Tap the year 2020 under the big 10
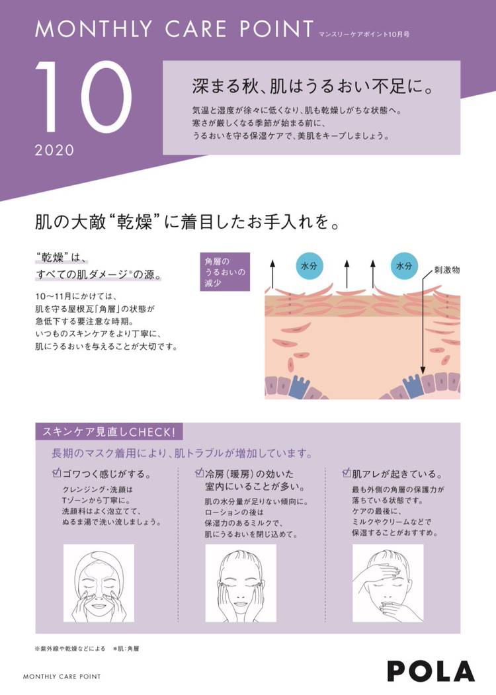point(54,151)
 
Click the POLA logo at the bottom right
point(431,671)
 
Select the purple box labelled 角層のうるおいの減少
point(225,272)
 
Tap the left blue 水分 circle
point(309,266)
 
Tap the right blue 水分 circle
point(404,266)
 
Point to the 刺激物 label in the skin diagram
point(446,270)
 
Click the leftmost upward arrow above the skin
point(272,274)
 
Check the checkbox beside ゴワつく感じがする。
point(56,473)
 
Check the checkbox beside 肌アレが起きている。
point(347,473)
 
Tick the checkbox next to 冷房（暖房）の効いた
point(199,473)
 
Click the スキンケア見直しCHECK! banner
point(108,432)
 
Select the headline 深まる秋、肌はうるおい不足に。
point(313,87)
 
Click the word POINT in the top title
point(277,28)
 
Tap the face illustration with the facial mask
point(99,583)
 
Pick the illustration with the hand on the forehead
point(388,583)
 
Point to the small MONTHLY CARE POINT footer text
point(62,676)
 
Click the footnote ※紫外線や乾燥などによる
point(70,649)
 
